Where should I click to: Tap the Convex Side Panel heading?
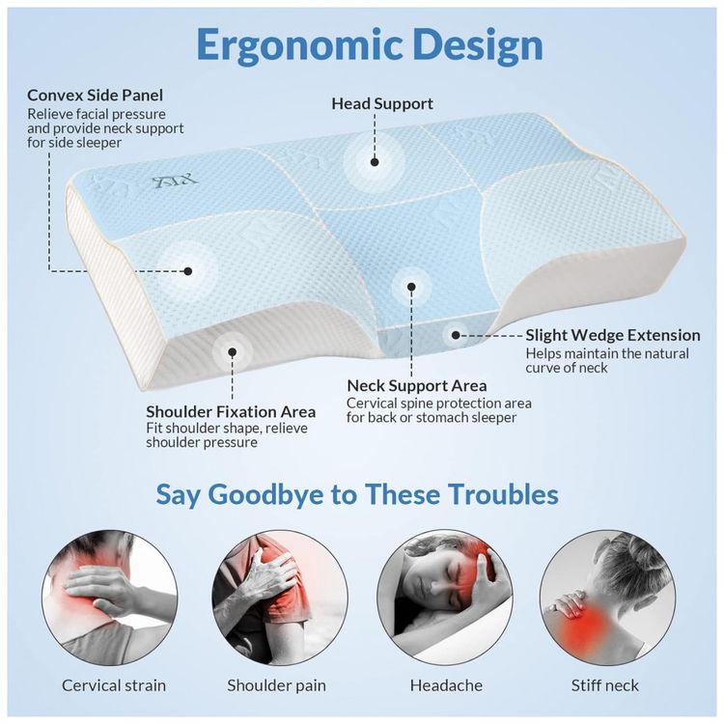[96, 96]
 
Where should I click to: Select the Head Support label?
[382, 103]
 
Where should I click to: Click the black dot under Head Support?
[375, 162]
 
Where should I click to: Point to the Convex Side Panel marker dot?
[188, 271]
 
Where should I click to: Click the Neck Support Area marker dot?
[411, 287]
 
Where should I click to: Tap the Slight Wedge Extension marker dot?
[456, 335]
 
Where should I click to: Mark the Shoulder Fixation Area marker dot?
[233, 352]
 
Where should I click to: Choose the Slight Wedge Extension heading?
[613, 335]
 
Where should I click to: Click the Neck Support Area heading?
[417, 385]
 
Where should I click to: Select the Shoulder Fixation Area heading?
[231, 411]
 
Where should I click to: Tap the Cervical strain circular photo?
[110, 598]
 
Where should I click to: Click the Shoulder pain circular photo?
[280, 598]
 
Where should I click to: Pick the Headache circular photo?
[445, 598]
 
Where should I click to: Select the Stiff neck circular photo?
[607, 598]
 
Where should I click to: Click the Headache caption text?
[446, 685]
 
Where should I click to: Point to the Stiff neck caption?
[605, 685]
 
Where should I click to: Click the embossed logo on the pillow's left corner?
[176, 181]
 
